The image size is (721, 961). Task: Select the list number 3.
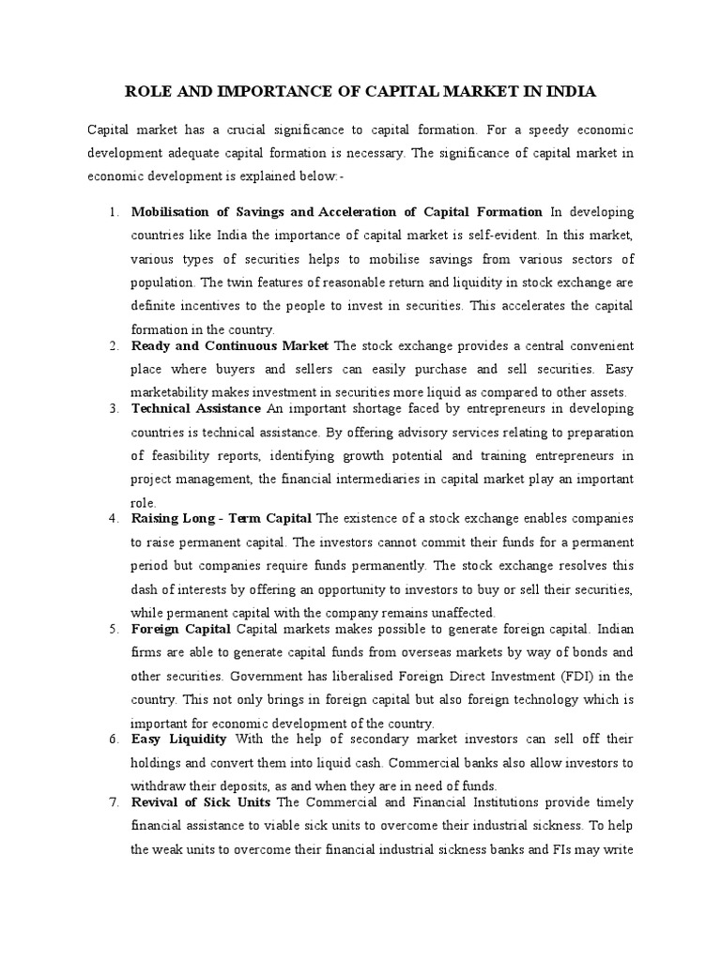tap(114, 408)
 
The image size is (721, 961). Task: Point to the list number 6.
tap(114, 740)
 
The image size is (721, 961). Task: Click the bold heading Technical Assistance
tap(196, 408)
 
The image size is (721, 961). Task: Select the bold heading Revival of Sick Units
tap(201, 802)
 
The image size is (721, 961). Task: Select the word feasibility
tap(179, 455)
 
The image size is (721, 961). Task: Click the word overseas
tap(429, 651)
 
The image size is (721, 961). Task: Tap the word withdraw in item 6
tap(162, 786)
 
